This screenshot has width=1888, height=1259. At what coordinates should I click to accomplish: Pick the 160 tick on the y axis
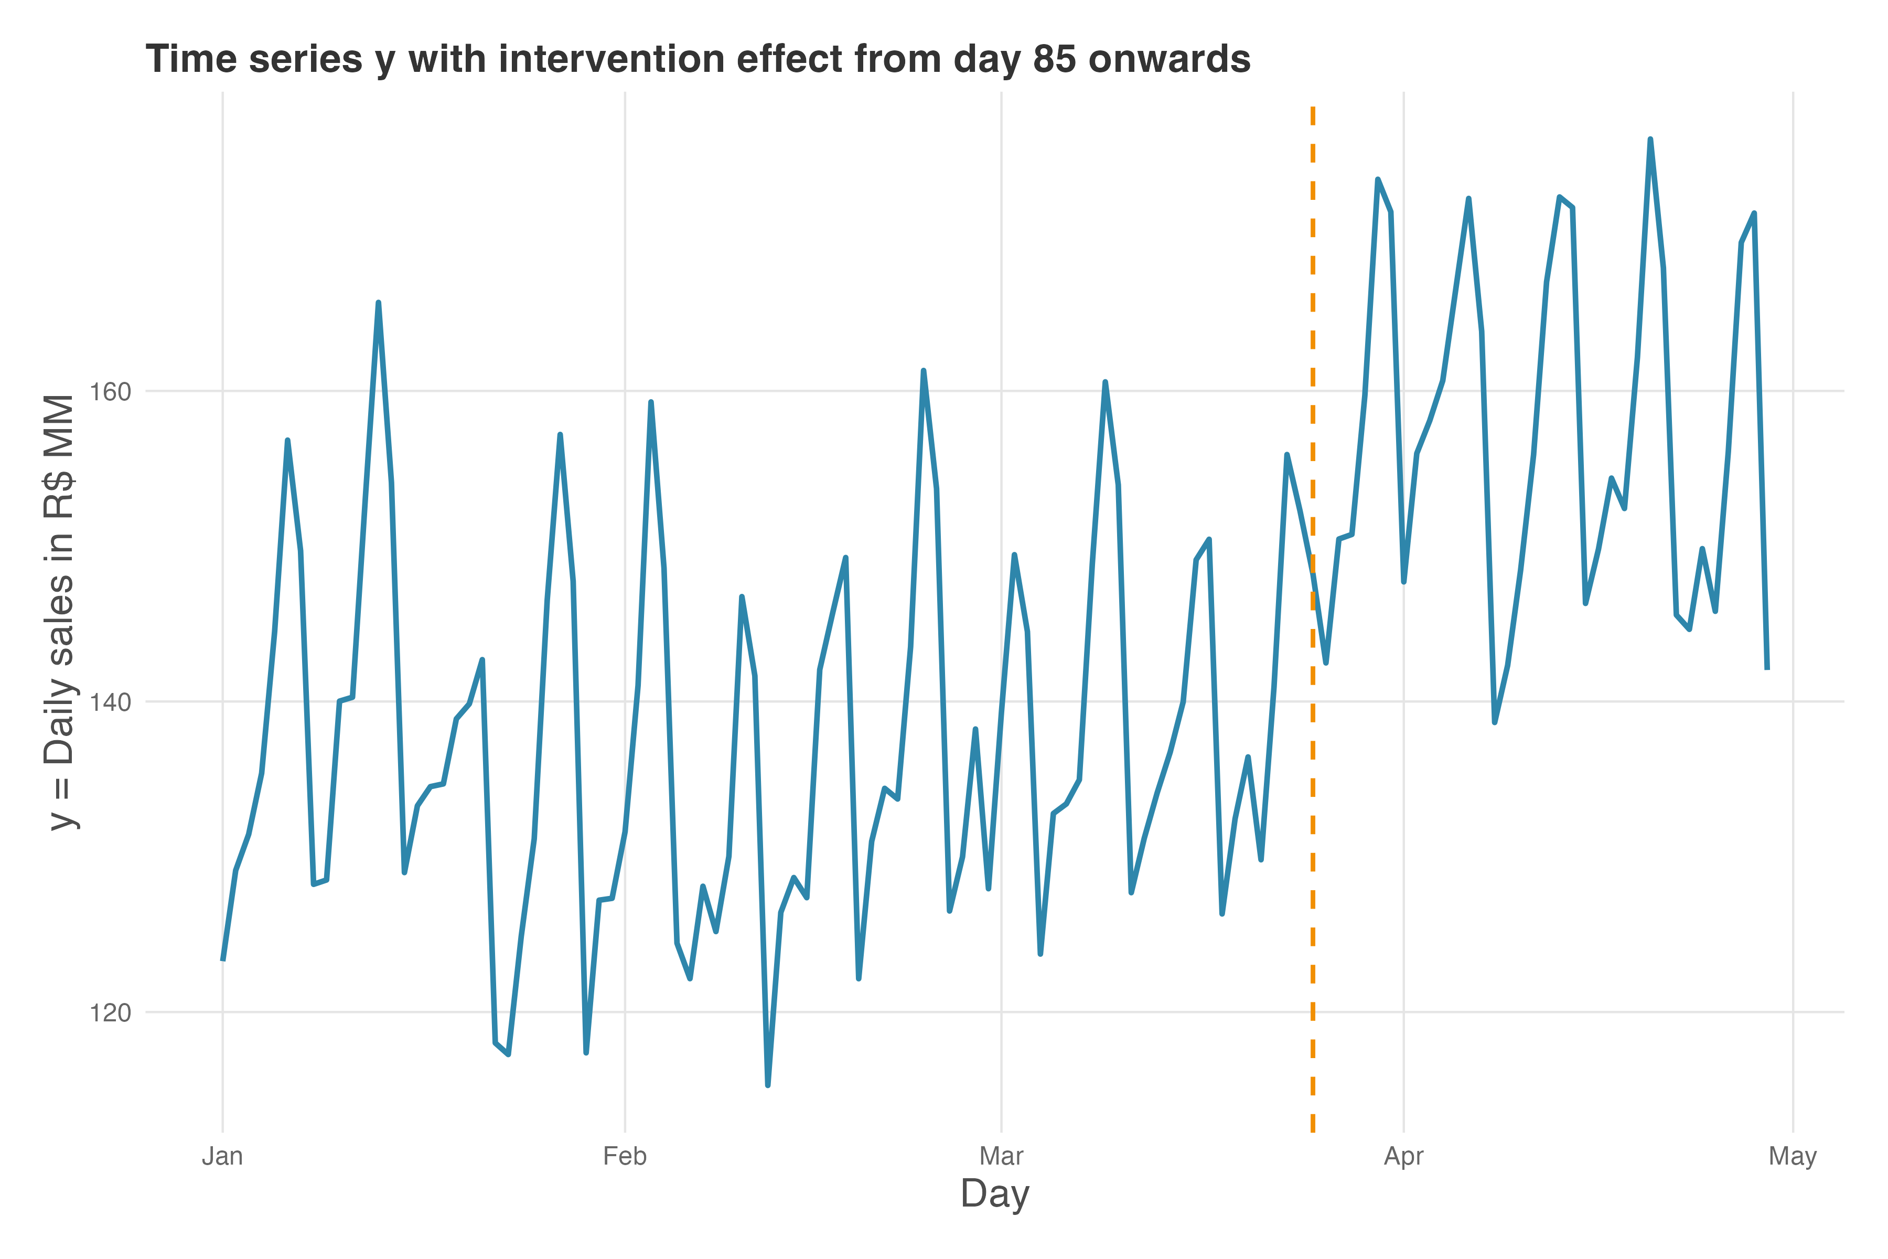pos(110,392)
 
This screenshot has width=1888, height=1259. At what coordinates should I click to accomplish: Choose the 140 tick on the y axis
pos(110,702)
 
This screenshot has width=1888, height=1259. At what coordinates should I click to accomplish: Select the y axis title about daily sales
pos(61,612)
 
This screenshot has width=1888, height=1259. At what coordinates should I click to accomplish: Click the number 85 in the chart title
pos(1054,59)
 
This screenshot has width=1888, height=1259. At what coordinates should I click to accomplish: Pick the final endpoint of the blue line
pos(1767,669)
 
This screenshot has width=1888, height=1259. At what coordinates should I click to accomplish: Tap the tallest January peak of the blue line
pos(378,303)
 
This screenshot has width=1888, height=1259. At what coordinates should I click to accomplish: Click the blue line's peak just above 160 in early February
pos(650,401)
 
